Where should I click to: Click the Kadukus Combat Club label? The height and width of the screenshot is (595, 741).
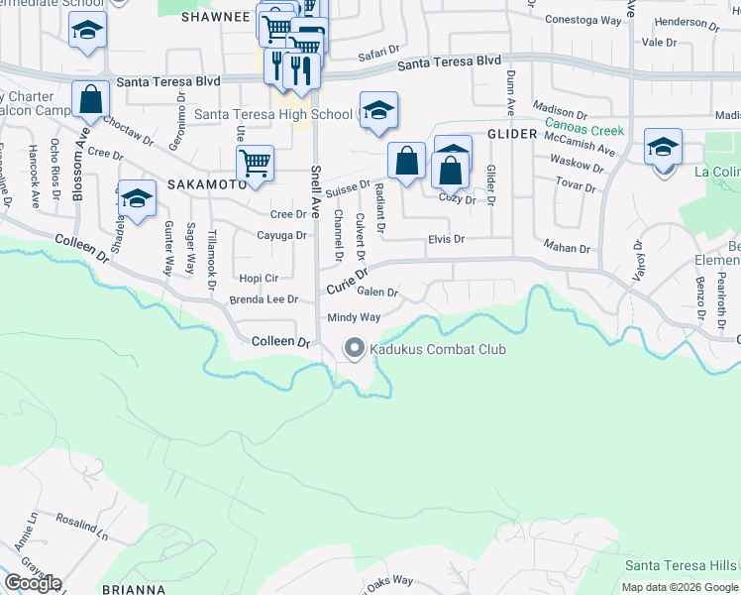click(438, 349)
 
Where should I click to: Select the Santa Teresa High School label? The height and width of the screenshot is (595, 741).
click(272, 114)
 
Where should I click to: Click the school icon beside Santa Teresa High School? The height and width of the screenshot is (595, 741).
click(377, 112)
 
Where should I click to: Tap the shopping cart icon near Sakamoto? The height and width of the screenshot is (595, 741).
click(255, 164)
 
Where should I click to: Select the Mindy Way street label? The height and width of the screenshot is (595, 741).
click(354, 317)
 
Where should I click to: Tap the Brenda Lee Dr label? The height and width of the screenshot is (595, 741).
click(264, 299)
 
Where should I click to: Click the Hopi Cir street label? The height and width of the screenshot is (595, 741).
click(259, 279)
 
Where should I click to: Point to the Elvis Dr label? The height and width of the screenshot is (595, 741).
click(446, 239)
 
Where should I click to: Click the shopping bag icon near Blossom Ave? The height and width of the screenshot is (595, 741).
click(91, 100)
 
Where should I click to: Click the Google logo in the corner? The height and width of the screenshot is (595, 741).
click(32, 583)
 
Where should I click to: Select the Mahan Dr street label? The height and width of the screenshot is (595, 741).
click(567, 248)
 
